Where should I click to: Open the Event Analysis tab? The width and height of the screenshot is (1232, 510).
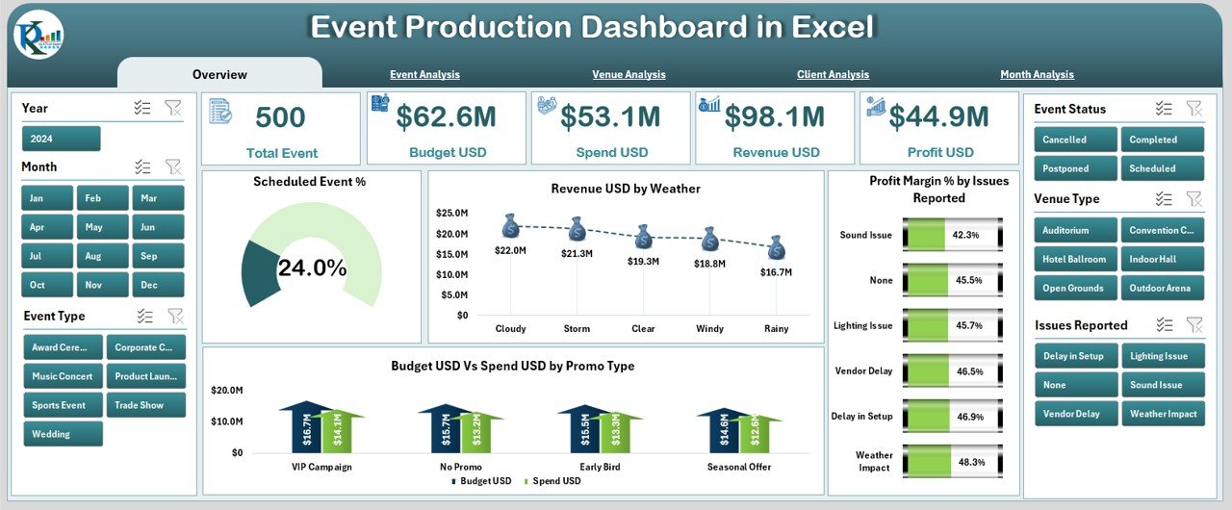pos(424,74)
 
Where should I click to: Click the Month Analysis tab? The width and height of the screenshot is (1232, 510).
pos(1037,74)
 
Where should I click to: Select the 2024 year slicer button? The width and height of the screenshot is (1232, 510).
pos(62,139)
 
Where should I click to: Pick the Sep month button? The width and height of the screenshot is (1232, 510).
pos(159,256)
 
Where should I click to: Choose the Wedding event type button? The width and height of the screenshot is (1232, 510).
pos(64,434)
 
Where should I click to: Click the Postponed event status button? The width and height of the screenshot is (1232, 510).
pos(1076,168)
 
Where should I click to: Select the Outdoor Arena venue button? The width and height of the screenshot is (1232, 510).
pos(1162,288)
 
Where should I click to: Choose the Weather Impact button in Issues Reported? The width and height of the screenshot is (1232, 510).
pos(1162,414)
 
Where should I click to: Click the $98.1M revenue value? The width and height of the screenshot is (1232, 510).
pos(775,117)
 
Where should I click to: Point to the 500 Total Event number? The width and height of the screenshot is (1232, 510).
pos(280,117)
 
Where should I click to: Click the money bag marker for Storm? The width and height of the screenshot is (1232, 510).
pos(577,229)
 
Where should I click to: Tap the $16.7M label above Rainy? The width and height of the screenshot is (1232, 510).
pos(776,272)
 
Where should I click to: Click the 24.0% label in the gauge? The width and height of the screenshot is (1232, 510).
pos(312,269)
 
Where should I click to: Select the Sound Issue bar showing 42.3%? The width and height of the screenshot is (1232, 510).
pos(952,235)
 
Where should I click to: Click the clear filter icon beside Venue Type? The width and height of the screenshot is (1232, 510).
pos(1193,198)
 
